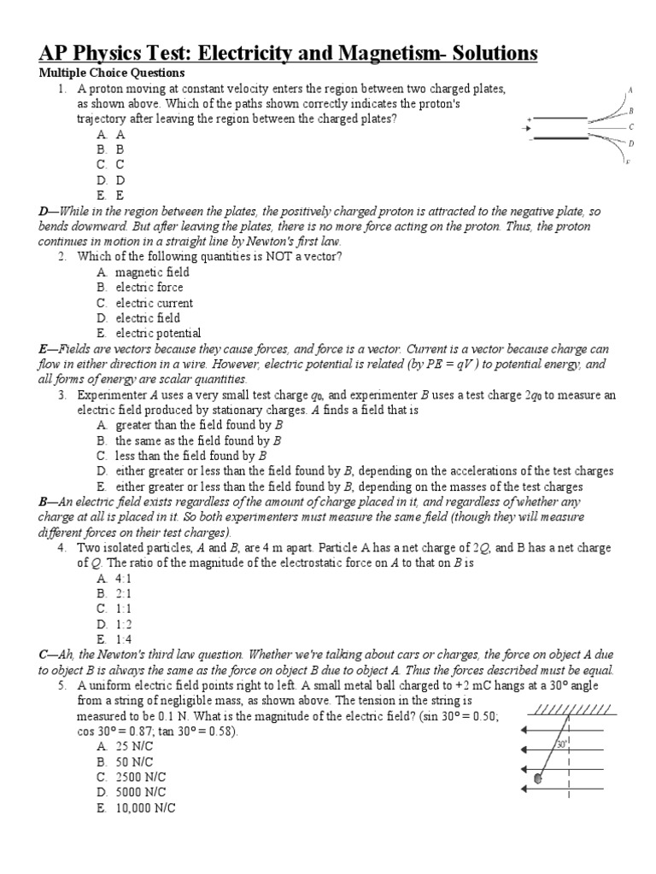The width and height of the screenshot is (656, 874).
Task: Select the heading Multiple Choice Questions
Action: [x=112, y=73]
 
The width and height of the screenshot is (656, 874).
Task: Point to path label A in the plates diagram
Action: [x=630, y=90]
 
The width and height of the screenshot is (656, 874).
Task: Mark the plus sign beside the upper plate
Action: [x=530, y=119]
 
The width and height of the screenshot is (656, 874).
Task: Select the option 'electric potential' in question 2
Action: [x=158, y=334]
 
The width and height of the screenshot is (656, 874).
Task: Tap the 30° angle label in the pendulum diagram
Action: [x=561, y=743]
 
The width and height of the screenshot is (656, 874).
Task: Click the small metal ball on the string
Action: [x=538, y=778]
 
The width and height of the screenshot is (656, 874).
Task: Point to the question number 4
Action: [x=62, y=547]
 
